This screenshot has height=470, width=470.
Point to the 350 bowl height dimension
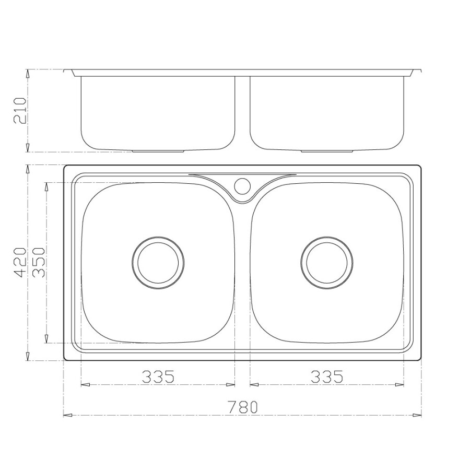[40, 262]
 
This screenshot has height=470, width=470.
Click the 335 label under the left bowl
[158, 376]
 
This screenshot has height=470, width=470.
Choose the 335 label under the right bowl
[327, 376]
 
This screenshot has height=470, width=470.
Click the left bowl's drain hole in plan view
[158, 262]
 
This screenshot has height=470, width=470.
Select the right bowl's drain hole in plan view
[327, 262]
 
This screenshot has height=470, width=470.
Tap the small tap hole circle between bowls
[242, 185]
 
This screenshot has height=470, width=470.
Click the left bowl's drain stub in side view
[158, 150]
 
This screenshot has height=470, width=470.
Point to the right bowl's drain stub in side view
[327, 150]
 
